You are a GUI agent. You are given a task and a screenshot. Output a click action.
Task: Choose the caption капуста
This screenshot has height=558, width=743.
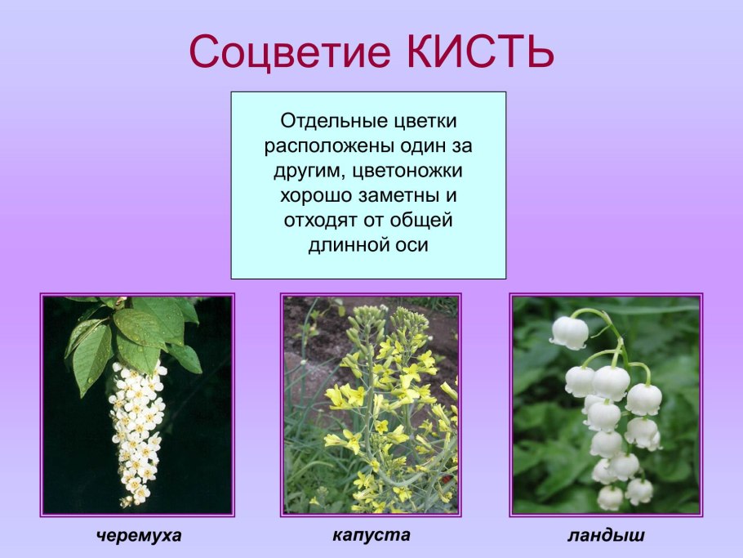click(x=371, y=535)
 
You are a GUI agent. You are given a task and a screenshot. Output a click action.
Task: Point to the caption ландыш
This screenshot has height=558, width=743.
click(x=606, y=536)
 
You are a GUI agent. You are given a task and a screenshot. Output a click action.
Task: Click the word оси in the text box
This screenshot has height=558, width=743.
click(x=412, y=245)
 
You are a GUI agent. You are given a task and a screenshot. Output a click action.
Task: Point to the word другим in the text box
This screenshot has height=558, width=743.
click(x=303, y=172)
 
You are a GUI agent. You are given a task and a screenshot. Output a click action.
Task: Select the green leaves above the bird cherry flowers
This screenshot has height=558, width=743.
click(x=135, y=335)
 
